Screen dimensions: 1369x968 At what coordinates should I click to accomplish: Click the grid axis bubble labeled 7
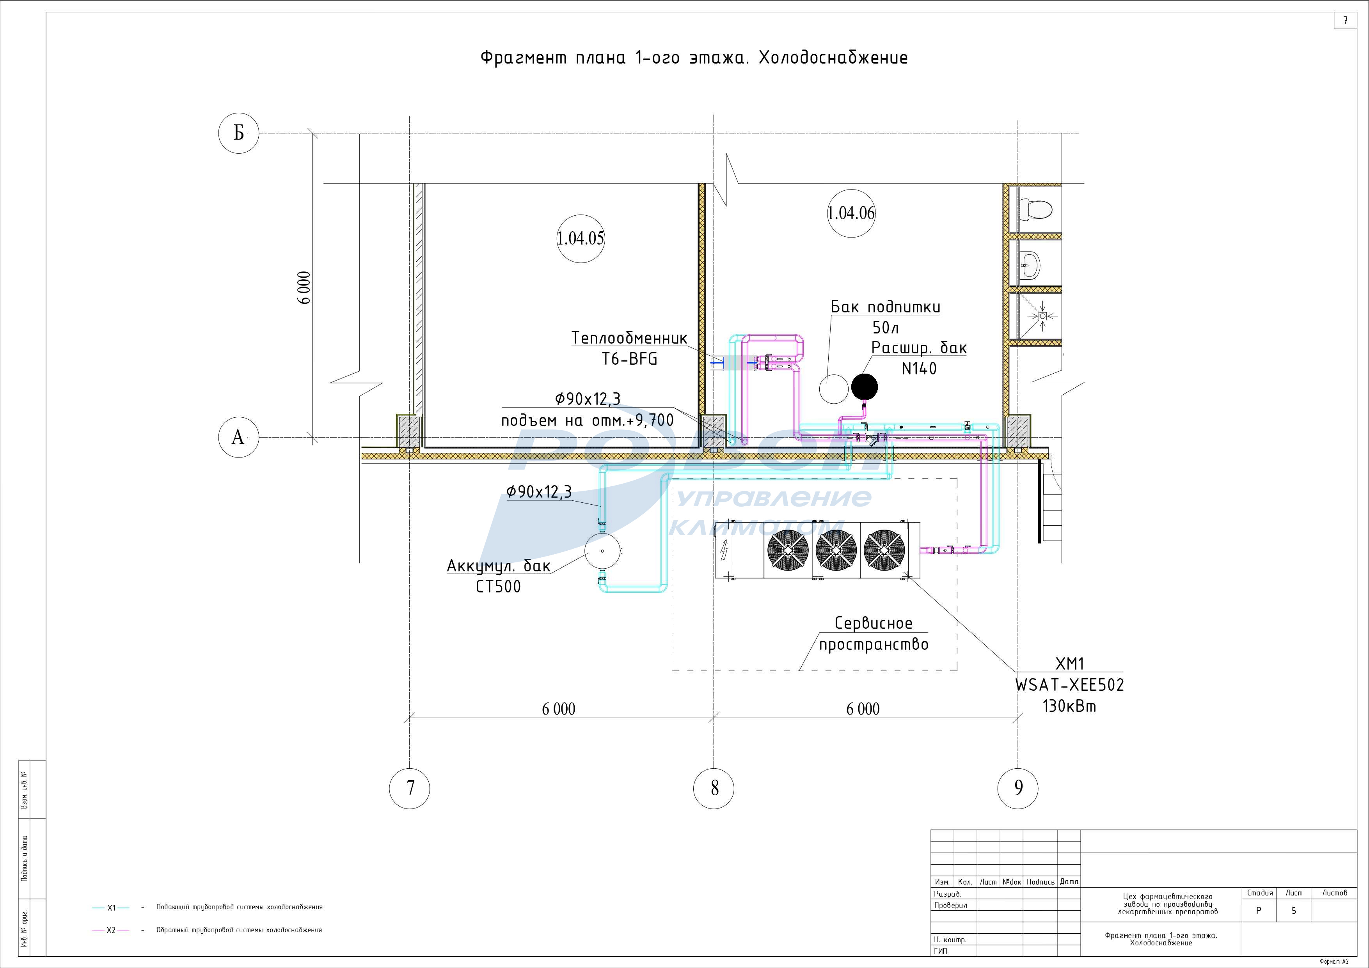[410, 788]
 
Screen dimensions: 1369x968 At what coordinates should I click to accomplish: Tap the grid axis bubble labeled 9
[1018, 788]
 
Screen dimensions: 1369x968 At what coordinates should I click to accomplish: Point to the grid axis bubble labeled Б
[238, 133]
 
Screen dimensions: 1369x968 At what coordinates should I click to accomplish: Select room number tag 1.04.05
[581, 238]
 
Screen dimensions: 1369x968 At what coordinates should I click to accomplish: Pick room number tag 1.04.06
[851, 213]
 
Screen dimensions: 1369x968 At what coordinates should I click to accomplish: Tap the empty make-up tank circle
[834, 388]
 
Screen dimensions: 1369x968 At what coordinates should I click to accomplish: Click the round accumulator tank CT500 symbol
[603, 551]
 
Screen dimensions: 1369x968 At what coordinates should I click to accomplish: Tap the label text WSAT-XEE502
[1070, 685]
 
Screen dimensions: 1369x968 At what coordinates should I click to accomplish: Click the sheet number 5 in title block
[1293, 911]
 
